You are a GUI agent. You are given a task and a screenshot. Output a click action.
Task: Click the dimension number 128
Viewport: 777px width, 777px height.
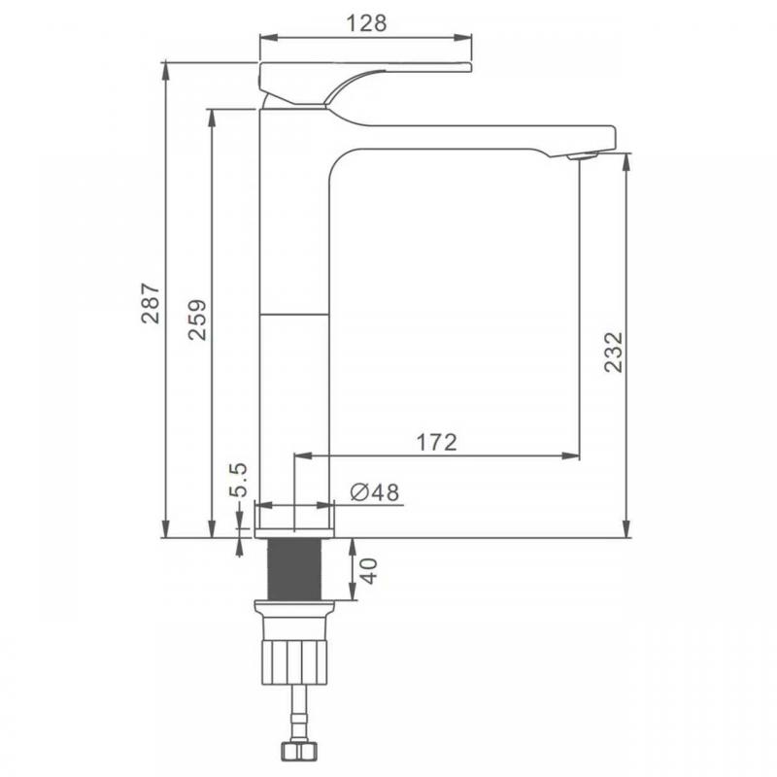tap(366, 23)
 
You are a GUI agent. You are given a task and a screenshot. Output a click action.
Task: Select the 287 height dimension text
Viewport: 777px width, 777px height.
tap(151, 303)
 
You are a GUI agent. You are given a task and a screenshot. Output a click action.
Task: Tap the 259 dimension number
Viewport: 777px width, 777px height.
tap(197, 320)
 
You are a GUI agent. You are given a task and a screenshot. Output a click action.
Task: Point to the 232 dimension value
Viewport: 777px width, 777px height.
tap(613, 352)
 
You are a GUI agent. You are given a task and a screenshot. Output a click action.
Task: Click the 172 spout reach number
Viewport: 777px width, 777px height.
tap(436, 443)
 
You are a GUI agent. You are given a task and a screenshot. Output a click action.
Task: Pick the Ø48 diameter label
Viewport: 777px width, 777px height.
tap(374, 492)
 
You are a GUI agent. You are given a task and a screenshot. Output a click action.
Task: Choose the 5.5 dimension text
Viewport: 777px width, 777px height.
tap(238, 480)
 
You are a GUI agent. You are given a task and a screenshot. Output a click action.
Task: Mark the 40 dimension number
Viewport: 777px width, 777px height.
tap(368, 571)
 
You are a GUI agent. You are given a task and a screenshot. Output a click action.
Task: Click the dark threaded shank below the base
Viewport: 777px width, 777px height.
tap(294, 569)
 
